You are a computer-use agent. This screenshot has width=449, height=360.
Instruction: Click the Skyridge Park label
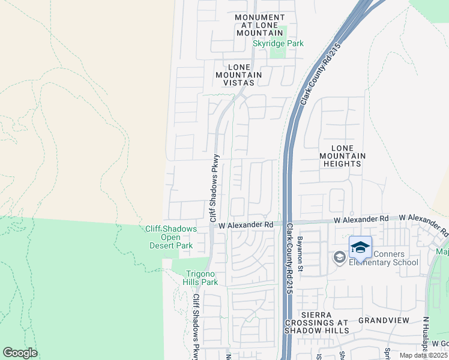(x=277, y=43)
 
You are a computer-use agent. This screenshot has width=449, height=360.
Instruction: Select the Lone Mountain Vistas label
(x=238, y=75)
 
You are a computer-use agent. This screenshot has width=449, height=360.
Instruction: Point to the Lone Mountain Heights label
(x=341, y=155)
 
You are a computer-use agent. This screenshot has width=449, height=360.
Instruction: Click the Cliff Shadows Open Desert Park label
(x=170, y=237)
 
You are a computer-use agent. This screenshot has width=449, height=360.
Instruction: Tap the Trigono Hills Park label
(x=200, y=277)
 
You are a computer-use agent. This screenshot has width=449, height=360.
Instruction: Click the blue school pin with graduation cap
(x=360, y=248)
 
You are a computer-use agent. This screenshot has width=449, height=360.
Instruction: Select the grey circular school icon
(x=339, y=257)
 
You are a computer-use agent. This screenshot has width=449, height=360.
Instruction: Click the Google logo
(x=20, y=353)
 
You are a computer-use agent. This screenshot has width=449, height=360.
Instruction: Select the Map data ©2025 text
(x=423, y=355)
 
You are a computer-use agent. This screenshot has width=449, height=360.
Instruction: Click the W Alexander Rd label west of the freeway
(x=246, y=224)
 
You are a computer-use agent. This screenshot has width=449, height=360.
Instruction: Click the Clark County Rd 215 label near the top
(x=319, y=73)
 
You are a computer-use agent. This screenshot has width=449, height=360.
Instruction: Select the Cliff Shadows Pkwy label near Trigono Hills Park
(x=196, y=326)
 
